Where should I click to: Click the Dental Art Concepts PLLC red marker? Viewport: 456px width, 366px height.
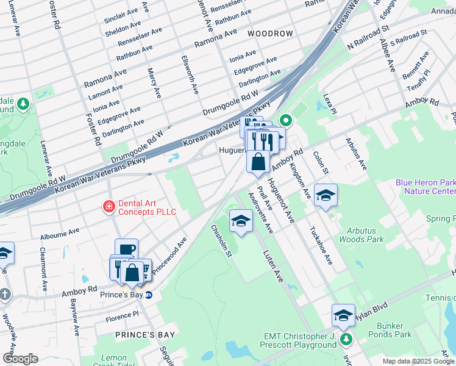tap(109, 207)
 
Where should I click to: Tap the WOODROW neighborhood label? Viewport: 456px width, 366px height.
tap(269, 33)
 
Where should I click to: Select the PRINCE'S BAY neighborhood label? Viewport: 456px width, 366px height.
tap(145, 335)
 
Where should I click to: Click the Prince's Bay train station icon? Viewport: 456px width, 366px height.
tap(149, 295)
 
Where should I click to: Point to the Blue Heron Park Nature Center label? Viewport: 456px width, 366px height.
tap(425, 187)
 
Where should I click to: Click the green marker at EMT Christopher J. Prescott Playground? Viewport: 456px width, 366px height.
tap(346, 339)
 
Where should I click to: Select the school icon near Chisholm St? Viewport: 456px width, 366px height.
tap(241, 220)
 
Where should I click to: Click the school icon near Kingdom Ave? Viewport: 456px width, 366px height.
tap(326, 195)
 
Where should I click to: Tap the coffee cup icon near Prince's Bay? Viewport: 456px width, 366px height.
tap(126, 249)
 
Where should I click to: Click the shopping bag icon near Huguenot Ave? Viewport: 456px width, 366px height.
tap(258, 161)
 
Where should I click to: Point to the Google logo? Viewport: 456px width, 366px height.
tap(20, 359)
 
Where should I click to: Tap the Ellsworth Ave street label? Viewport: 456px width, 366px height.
tap(190, 74)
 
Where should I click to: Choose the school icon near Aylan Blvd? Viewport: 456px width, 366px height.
tap(343, 315)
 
